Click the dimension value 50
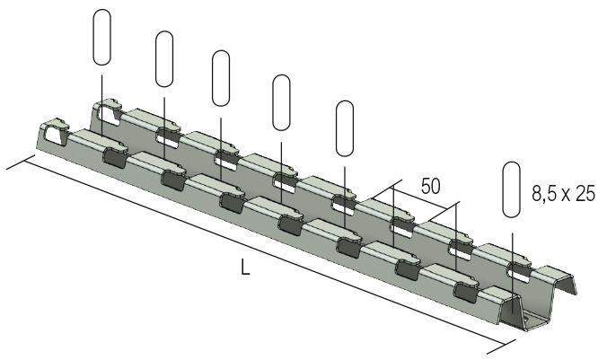click(x=430, y=187)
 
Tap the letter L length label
click(x=245, y=267)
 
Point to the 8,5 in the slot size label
click(x=542, y=193)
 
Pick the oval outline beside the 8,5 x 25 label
click(x=511, y=189)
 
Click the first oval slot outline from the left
click(x=102, y=38)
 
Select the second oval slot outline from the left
click(x=164, y=58)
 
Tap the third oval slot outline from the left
click(x=221, y=77)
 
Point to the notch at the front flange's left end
click(x=54, y=134)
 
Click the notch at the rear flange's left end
click(x=108, y=112)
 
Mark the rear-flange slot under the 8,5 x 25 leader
click(x=516, y=267)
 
